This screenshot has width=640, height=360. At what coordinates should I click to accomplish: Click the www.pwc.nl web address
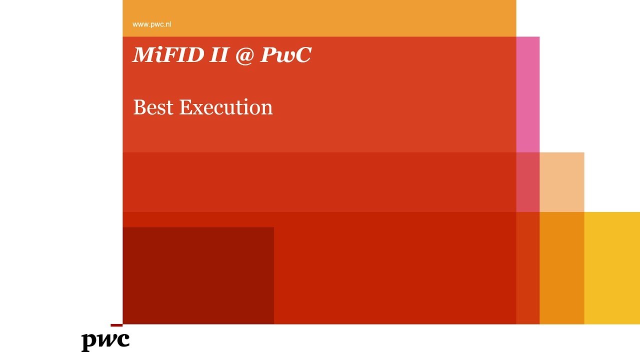pos(151,24)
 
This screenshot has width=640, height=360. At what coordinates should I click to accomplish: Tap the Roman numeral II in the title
pos(219,55)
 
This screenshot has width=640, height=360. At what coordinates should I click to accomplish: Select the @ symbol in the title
pos(244,55)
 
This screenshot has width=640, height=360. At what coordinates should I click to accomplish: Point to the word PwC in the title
pos(285,55)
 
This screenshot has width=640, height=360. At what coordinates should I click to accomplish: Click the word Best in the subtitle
pos(153,107)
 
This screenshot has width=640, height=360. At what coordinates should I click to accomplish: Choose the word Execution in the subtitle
pos(225,107)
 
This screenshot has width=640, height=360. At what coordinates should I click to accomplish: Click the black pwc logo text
pos(105,340)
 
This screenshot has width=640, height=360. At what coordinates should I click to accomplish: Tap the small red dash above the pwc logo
pos(116,325)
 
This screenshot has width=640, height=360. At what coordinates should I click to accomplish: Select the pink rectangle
pos(527,94)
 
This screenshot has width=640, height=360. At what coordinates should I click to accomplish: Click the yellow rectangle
pos(612,268)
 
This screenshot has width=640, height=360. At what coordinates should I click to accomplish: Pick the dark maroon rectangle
pos(198,275)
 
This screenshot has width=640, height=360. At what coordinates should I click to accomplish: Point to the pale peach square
pos(561,182)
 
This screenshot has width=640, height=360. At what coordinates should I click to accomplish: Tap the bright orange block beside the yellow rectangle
pos(561,268)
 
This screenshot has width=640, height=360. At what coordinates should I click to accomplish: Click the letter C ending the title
pos(302,55)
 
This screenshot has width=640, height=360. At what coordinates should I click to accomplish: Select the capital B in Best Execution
pos(139,107)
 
